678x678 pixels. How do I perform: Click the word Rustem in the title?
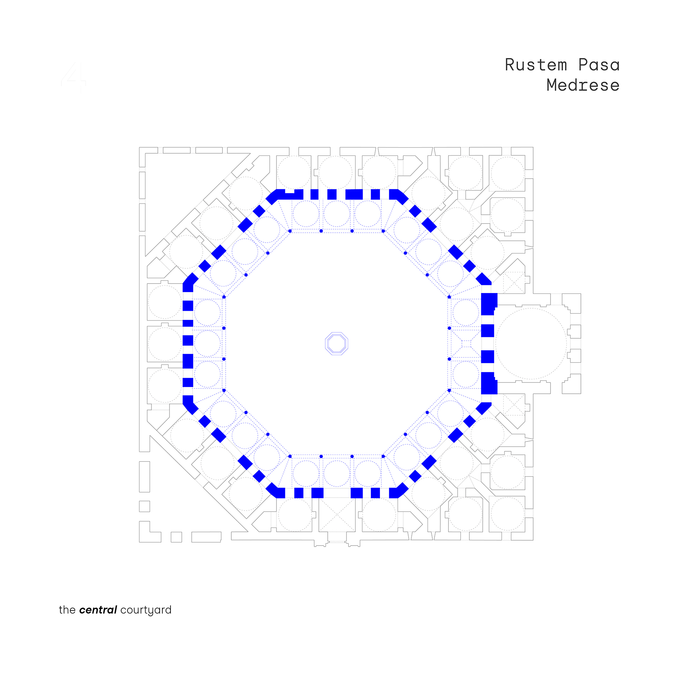pos(536,65)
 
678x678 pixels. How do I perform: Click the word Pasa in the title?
pos(599,65)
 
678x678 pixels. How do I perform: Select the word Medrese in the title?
pos(583,85)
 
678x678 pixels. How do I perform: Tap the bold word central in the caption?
pos(98,610)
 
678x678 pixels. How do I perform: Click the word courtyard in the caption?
pos(146,611)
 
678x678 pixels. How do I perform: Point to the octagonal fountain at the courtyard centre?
pos(337,343)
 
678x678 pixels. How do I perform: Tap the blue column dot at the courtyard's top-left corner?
pos(290,231)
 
